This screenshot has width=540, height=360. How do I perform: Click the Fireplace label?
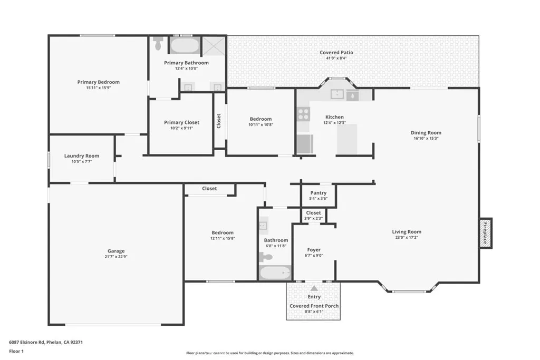(485, 233)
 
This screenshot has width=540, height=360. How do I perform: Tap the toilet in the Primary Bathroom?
(158, 43)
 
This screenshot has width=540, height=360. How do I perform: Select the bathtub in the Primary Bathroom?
(185, 45)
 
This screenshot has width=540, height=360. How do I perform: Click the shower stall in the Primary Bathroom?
(213, 46)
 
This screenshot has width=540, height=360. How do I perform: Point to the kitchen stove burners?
(303, 114)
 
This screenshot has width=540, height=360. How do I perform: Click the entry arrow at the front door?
(314, 288)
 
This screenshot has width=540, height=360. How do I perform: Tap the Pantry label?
(318, 193)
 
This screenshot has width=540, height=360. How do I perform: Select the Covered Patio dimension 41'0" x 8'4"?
(336, 58)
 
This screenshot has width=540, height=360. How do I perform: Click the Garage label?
(116, 251)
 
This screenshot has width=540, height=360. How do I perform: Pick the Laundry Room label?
(82, 155)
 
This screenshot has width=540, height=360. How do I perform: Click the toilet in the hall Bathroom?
(266, 256)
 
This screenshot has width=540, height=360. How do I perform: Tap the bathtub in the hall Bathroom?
(275, 273)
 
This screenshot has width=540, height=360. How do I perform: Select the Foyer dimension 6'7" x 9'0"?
(314, 255)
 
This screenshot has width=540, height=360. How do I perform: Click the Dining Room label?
(426, 132)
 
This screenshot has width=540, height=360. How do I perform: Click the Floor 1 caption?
(16, 352)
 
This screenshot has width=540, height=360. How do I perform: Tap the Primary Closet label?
(181, 122)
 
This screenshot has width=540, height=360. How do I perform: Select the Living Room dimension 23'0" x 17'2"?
(407, 237)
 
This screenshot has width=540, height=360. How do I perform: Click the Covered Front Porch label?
(314, 306)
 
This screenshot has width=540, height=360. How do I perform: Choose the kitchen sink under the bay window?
(337, 94)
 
